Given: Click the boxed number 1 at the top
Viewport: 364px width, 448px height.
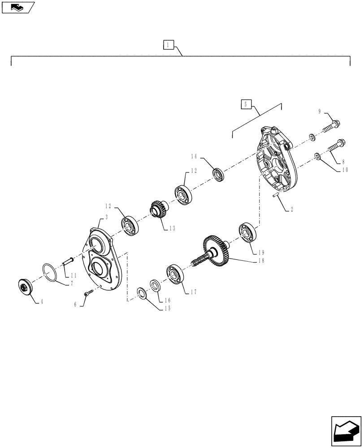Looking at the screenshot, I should [x=167, y=45].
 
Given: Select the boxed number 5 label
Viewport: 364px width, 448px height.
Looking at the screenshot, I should [x=245, y=104].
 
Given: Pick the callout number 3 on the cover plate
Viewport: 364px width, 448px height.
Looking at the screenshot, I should [x=106, y=217].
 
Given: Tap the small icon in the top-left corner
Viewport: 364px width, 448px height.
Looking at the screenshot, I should [x=17, y=7].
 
